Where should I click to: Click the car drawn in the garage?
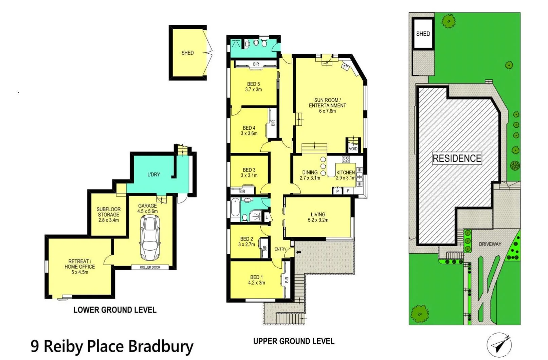click(x=150, y=238)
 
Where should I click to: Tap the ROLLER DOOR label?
click(x=150, y=267)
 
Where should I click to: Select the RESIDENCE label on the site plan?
click(x=457, y=158)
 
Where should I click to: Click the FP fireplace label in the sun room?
click(x=346, y=67)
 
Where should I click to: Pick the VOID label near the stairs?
click(x=353, y=149)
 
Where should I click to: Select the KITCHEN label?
click(x=346, y=173)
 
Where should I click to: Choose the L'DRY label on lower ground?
click(x=153, y=175)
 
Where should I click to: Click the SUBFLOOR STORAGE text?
click(x=109, y=212)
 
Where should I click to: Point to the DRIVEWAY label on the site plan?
click(x=490, y=244)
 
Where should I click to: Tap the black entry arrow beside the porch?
click(x=299, y=252)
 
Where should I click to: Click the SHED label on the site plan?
click(x=423, y=34)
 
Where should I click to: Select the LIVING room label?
click(x=318, y=214)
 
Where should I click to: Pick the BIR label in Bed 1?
click(x=287, y=280)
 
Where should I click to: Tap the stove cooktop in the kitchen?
click(x=346, y=159)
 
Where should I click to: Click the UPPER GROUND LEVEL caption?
click(x=294, y=341)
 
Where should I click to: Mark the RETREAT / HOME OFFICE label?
click(x=80, y=264)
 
